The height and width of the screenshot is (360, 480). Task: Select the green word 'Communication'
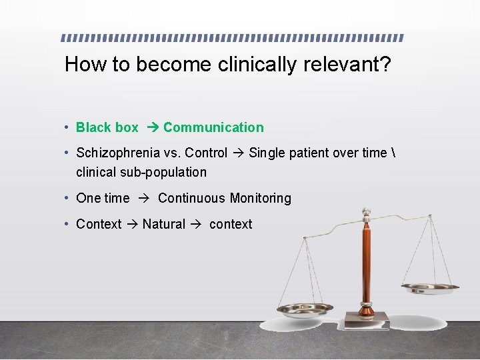213,127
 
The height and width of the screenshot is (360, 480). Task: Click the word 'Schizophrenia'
118,153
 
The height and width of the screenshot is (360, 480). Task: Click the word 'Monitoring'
260,198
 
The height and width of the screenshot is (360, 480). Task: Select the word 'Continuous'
192,198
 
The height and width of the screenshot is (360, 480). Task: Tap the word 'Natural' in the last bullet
164,224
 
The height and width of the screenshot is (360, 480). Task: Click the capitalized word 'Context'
99,224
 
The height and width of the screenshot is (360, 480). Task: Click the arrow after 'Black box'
151,127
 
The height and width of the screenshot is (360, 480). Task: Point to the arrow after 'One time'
143,198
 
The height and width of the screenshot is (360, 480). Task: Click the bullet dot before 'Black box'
68,127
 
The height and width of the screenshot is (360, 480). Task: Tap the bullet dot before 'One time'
68,198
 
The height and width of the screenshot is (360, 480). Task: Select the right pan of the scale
430,287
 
